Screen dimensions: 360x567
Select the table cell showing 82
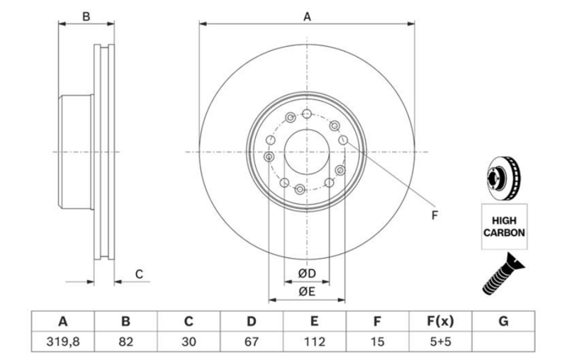pyautogui.click(x=126, y=342)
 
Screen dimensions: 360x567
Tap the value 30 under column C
pyautogui.click(x=189, y=342)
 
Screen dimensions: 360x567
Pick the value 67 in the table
pyautogui.click(x=251, y=342)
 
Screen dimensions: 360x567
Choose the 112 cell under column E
pyautogui.click(x=313, y=342)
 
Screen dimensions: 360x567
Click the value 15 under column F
pyautogui.click(x=376, y=342)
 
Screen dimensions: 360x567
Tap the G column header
pyautogui.click(x=503, y=321)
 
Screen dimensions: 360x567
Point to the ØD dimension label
pyautogui.click(x=306, y=273)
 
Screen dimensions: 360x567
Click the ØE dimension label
pyautogui.click(x=306, y=291)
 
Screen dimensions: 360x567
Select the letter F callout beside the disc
pyautogui.click(x=434, y=215)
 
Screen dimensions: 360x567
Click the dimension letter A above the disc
pyautogui.click(x=308, y=17)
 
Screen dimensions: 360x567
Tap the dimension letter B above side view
pyautogui.click(x=86, y=17)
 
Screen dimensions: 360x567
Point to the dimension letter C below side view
pyautogui.click(x=140, y=274)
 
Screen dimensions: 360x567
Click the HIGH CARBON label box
pyautogui.click(x=505, y=225)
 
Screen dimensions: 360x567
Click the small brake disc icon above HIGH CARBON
pyautogui.click(x=504, y=176)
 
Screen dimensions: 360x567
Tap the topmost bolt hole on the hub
pyautogui.click(x=306, y=114)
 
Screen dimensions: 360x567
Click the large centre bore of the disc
pyautogui.click(x=307, y=152)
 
